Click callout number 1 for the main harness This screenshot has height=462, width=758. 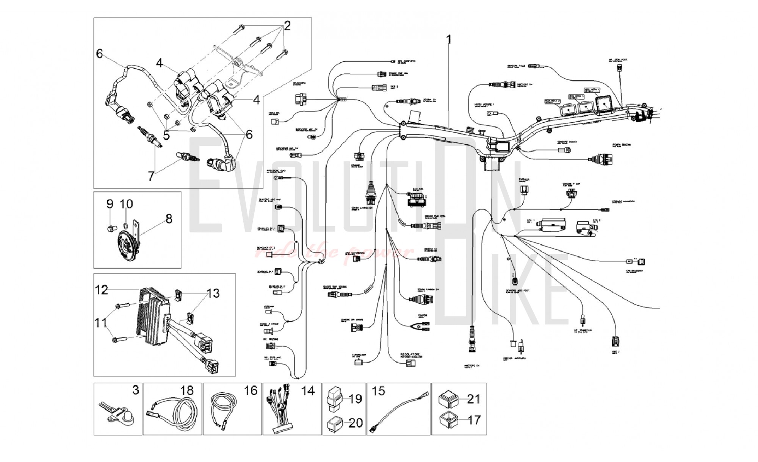point(449,39)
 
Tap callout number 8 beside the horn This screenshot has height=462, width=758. point(168,219)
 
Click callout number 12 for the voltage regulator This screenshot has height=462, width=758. point(102,290)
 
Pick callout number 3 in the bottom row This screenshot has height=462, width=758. point(136,390)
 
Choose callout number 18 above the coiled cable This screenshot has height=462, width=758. point(187,390)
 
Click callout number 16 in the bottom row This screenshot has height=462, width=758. point(251,390)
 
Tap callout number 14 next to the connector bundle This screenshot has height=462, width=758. point(308,390)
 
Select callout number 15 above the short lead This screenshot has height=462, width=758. point(379,391)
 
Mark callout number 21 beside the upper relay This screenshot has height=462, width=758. point(474,399)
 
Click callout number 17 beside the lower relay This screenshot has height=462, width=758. point(474,420)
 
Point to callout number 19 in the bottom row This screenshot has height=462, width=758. point(356,399)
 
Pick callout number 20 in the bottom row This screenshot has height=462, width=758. point(356,422)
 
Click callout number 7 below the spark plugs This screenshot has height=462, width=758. point(151,176)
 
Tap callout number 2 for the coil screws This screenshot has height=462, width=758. point(287,26)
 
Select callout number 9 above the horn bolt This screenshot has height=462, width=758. point(110,204)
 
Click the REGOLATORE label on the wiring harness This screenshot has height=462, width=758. point(411,354)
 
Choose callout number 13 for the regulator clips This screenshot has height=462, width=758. point(213,293)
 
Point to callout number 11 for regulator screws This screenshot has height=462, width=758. point(101,323)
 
